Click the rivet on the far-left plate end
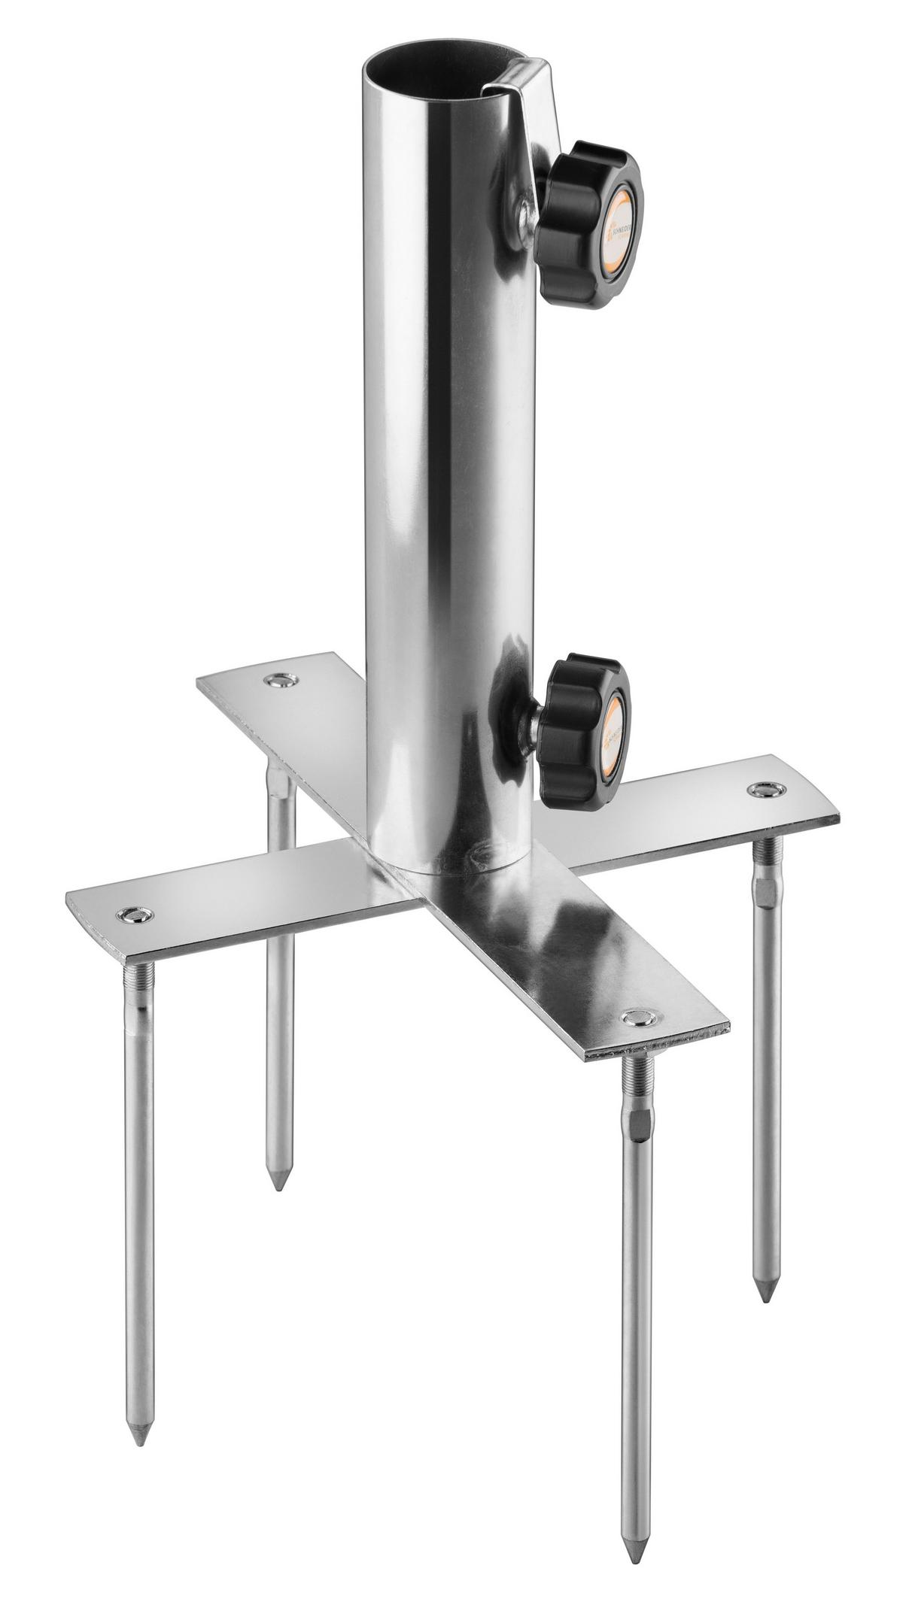(136, 915)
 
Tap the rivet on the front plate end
(639, 1018)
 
